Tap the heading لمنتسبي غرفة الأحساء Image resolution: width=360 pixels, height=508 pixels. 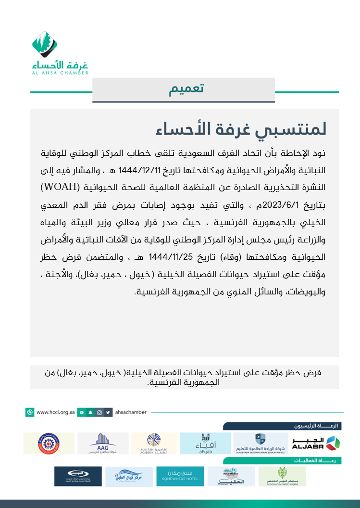tap(242, 129)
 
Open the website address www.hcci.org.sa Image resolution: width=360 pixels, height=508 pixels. tap(56, 412)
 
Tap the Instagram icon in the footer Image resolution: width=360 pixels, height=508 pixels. tap(99, 412)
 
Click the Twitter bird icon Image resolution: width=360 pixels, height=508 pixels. tap(109, 412)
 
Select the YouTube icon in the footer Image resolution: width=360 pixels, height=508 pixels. tap(82, 412)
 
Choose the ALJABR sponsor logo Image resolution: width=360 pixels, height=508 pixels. tap(316, 443)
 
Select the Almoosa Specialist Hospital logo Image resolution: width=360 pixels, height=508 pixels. tap(282, 476)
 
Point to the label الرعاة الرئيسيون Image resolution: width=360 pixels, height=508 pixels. tap(317, 426)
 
